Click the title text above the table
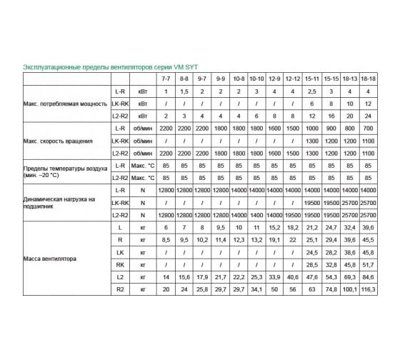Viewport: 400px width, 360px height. tap(103, 65)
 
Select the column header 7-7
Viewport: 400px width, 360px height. tap(166, 76)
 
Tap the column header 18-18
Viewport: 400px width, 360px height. tap(368, 76)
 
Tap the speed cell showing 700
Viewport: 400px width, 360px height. tap(368, 127)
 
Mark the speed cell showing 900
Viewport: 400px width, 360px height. tap(331, 127)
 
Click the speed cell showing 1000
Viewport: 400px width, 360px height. tap(312, 127)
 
